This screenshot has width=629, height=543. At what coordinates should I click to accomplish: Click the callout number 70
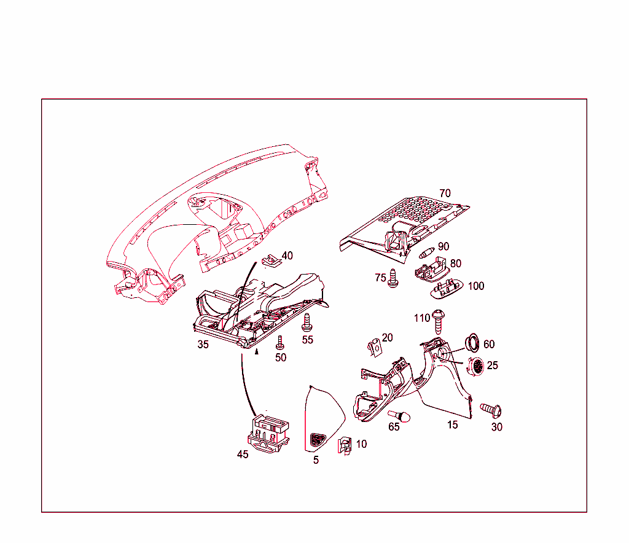pyautogui.click(x=445, y=193)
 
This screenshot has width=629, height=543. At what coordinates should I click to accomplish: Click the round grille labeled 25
pyautogui.click(x=476, y=365)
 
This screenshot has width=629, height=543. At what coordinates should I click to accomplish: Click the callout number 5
pyautogui.click(x=316, y=460)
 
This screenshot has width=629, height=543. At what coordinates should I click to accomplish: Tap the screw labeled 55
pyautogui.click(x=307, y=322)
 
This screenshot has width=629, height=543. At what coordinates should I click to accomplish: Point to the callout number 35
pyautogui.click(x=203, y=345)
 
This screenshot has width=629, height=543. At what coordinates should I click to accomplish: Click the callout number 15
pyautogui.click(x=453, y=425)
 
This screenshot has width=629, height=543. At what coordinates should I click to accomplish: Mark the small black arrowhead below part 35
pyautogui.click(x=256, y=352)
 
